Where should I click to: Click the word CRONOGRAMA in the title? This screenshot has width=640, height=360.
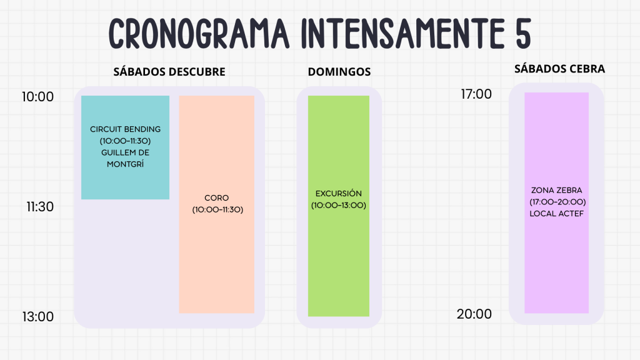click(199, 34)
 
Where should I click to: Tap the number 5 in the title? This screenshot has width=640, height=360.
click(523, 34)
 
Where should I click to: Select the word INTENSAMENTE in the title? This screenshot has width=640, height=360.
click(402, 34)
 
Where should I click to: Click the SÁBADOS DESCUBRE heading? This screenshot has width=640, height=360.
click(169, 72)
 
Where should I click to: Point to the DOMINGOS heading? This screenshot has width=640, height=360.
click(339, 72)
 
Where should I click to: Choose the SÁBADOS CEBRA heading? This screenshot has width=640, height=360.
click(559, 69)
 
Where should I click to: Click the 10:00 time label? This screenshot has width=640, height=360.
click(37, 97)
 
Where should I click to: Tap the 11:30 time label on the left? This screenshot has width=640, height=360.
click(40, 206)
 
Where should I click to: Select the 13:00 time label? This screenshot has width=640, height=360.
click(37, 316)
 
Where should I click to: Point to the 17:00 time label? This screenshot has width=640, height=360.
click(476, 94)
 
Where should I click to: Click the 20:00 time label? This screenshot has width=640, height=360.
click(474, 314)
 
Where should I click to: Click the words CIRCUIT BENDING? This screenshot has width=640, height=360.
click(125, 129)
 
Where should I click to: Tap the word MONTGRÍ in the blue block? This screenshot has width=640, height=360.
click(125, 164)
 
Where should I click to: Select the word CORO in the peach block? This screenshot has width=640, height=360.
click(216, 198)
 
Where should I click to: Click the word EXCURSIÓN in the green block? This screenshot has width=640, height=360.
click(338, 194)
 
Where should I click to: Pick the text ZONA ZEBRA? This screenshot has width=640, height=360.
click(556, 190)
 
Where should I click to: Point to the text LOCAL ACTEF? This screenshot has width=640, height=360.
click(556, 214)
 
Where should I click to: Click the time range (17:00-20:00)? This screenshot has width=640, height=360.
click(557, 202)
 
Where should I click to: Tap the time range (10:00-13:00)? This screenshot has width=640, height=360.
click(338, 205)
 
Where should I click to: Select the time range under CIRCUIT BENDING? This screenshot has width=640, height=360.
click(125, 141)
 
